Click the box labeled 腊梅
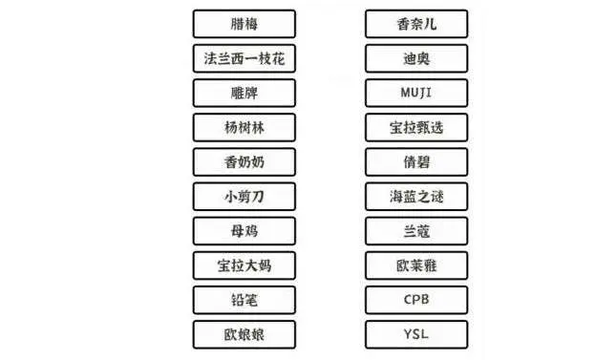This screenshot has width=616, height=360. click(244, 24)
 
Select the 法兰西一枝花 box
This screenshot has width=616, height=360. click(244, 58)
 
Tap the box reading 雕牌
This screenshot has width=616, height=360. click(244, 93)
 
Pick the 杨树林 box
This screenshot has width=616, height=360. click(244, 127)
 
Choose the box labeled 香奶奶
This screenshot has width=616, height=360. click(244, 161)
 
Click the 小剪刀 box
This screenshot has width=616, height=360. click(244, 196)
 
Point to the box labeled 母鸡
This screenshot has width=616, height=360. click(244, 230)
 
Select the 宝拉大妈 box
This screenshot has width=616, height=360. click(244, 265)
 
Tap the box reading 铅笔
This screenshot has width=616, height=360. click(244, 299)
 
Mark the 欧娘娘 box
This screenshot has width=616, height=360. click(244, 333)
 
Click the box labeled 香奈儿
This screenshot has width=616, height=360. click(416, 24)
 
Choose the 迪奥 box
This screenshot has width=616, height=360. click(416, 58)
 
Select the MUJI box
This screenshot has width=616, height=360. click(416, 93)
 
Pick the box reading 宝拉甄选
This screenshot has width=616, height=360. click(416, 127)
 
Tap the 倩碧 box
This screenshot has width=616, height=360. click(416, 161)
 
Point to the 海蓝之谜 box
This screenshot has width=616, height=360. click(416, 196)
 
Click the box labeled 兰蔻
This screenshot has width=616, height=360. click(416, 230)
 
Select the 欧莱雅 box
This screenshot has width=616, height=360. click(416, 265)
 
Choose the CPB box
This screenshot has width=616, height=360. click(416, 299)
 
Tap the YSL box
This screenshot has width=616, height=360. click(416, 333)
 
